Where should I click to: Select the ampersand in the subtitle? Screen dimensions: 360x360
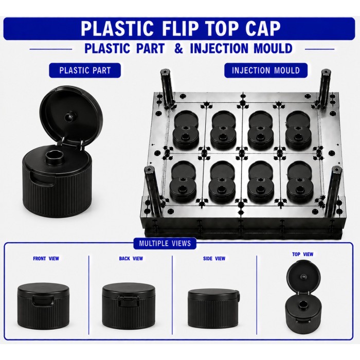tap(178, 48)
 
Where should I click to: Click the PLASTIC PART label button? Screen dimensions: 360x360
tap(85, 70)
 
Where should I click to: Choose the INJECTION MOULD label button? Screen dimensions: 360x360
tap(266, 70)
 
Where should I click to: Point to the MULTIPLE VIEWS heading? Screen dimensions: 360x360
tap(165, 243)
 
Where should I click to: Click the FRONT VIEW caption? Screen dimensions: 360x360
tap(46, 259)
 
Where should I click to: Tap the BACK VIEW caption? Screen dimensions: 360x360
tap(131, 259)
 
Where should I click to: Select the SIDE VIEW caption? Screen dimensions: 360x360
tap(214, 259)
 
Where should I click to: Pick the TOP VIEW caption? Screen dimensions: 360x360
tap(302, 254)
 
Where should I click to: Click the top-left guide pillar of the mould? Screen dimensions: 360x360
tap(168, 88)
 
